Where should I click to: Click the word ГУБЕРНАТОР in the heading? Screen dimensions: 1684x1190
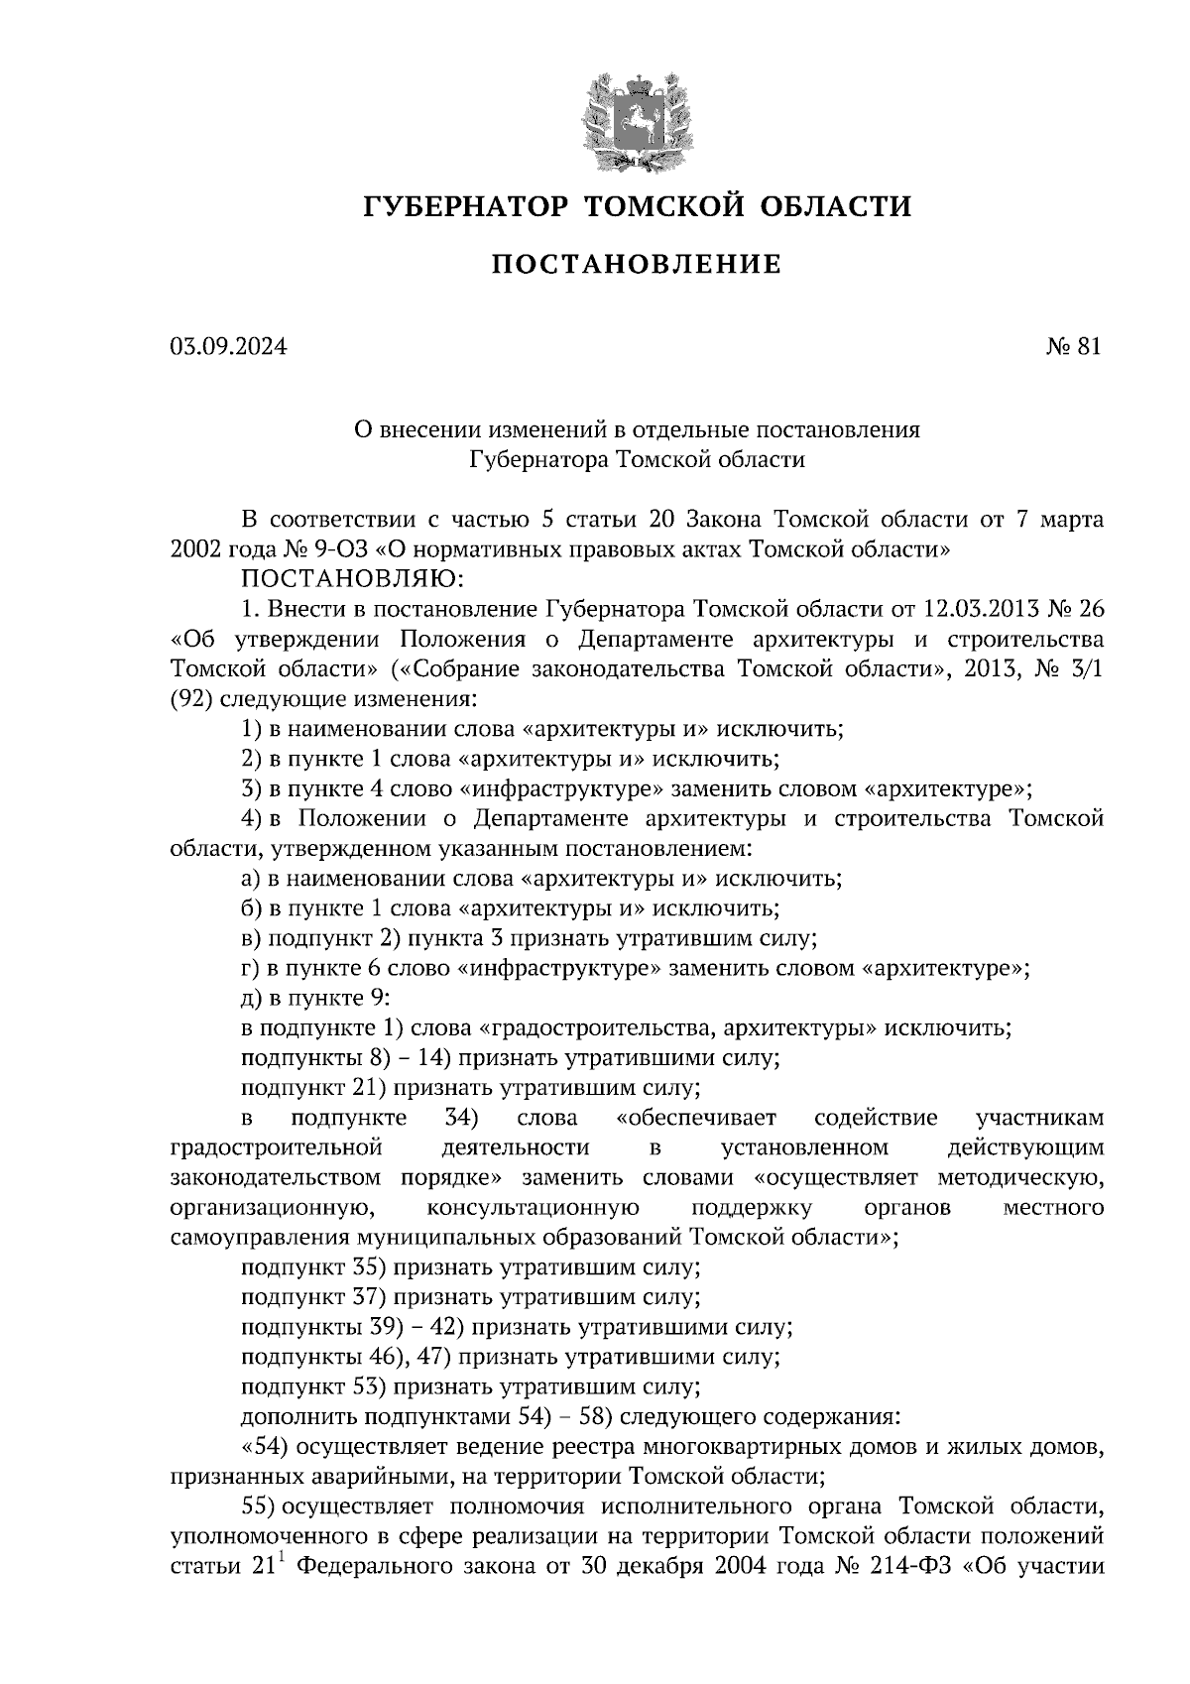click(x=465, y=206)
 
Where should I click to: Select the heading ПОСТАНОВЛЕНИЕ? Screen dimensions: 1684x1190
click(x=636, y=265)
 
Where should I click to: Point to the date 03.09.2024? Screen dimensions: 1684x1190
click(x=227, y=346)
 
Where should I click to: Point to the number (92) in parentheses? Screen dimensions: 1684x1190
click(x=189, y=698)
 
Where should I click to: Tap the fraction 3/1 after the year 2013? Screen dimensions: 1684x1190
click(x=1087, y=668)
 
